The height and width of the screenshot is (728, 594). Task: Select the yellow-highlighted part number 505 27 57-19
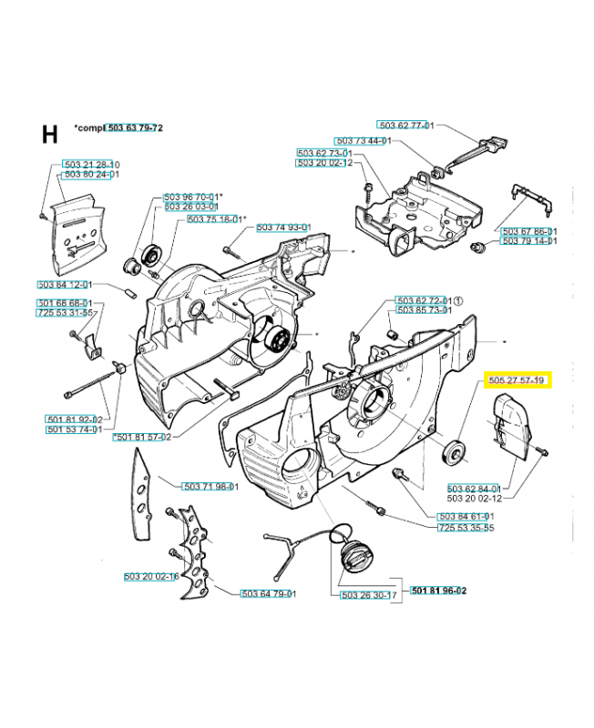[x=515, y=379]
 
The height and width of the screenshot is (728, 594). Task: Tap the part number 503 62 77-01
[x=406, y=126]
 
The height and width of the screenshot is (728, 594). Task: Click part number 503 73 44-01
[x=363, y=141]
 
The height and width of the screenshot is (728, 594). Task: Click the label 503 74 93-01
[x=284, y=227]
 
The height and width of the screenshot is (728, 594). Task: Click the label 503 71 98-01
[x=210, y=487]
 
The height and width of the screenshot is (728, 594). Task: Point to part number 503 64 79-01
[x=270, y=594]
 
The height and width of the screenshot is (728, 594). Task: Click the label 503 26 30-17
[x=369, y=595]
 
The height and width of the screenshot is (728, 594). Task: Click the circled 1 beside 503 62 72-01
[x=459, y=300]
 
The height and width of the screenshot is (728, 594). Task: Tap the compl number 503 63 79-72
[x=135, y=128]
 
